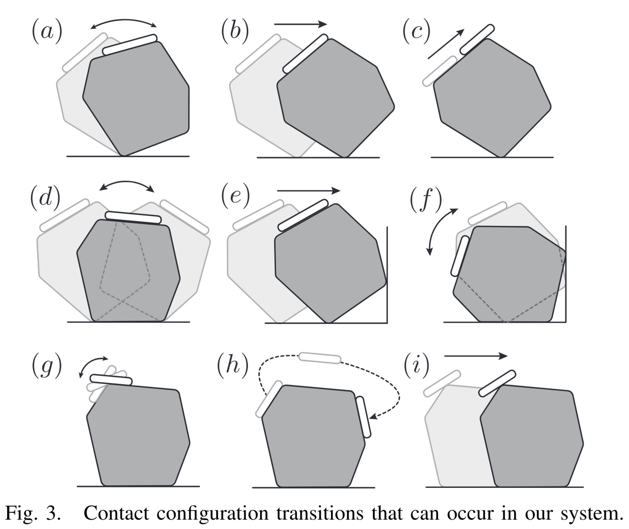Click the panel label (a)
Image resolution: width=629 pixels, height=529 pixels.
point(47,31)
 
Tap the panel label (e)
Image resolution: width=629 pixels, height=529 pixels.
point(235,196)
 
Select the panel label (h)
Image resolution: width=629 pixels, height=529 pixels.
point(233,366)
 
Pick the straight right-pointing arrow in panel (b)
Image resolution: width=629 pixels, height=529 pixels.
point(300,24)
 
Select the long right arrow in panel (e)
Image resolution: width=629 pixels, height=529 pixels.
point(309,191)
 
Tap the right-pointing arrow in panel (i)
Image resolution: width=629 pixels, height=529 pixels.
point(475,356)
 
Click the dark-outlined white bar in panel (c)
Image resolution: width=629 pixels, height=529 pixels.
point(477,40)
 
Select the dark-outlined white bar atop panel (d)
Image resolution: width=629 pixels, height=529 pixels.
point(133,217)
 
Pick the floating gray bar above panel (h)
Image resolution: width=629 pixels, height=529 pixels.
point(320,358)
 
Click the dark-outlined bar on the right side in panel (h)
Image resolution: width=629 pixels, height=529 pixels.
point(363,417)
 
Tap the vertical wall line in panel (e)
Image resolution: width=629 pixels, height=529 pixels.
point(387,274)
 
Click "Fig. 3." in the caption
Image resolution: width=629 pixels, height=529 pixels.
point(33,513)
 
